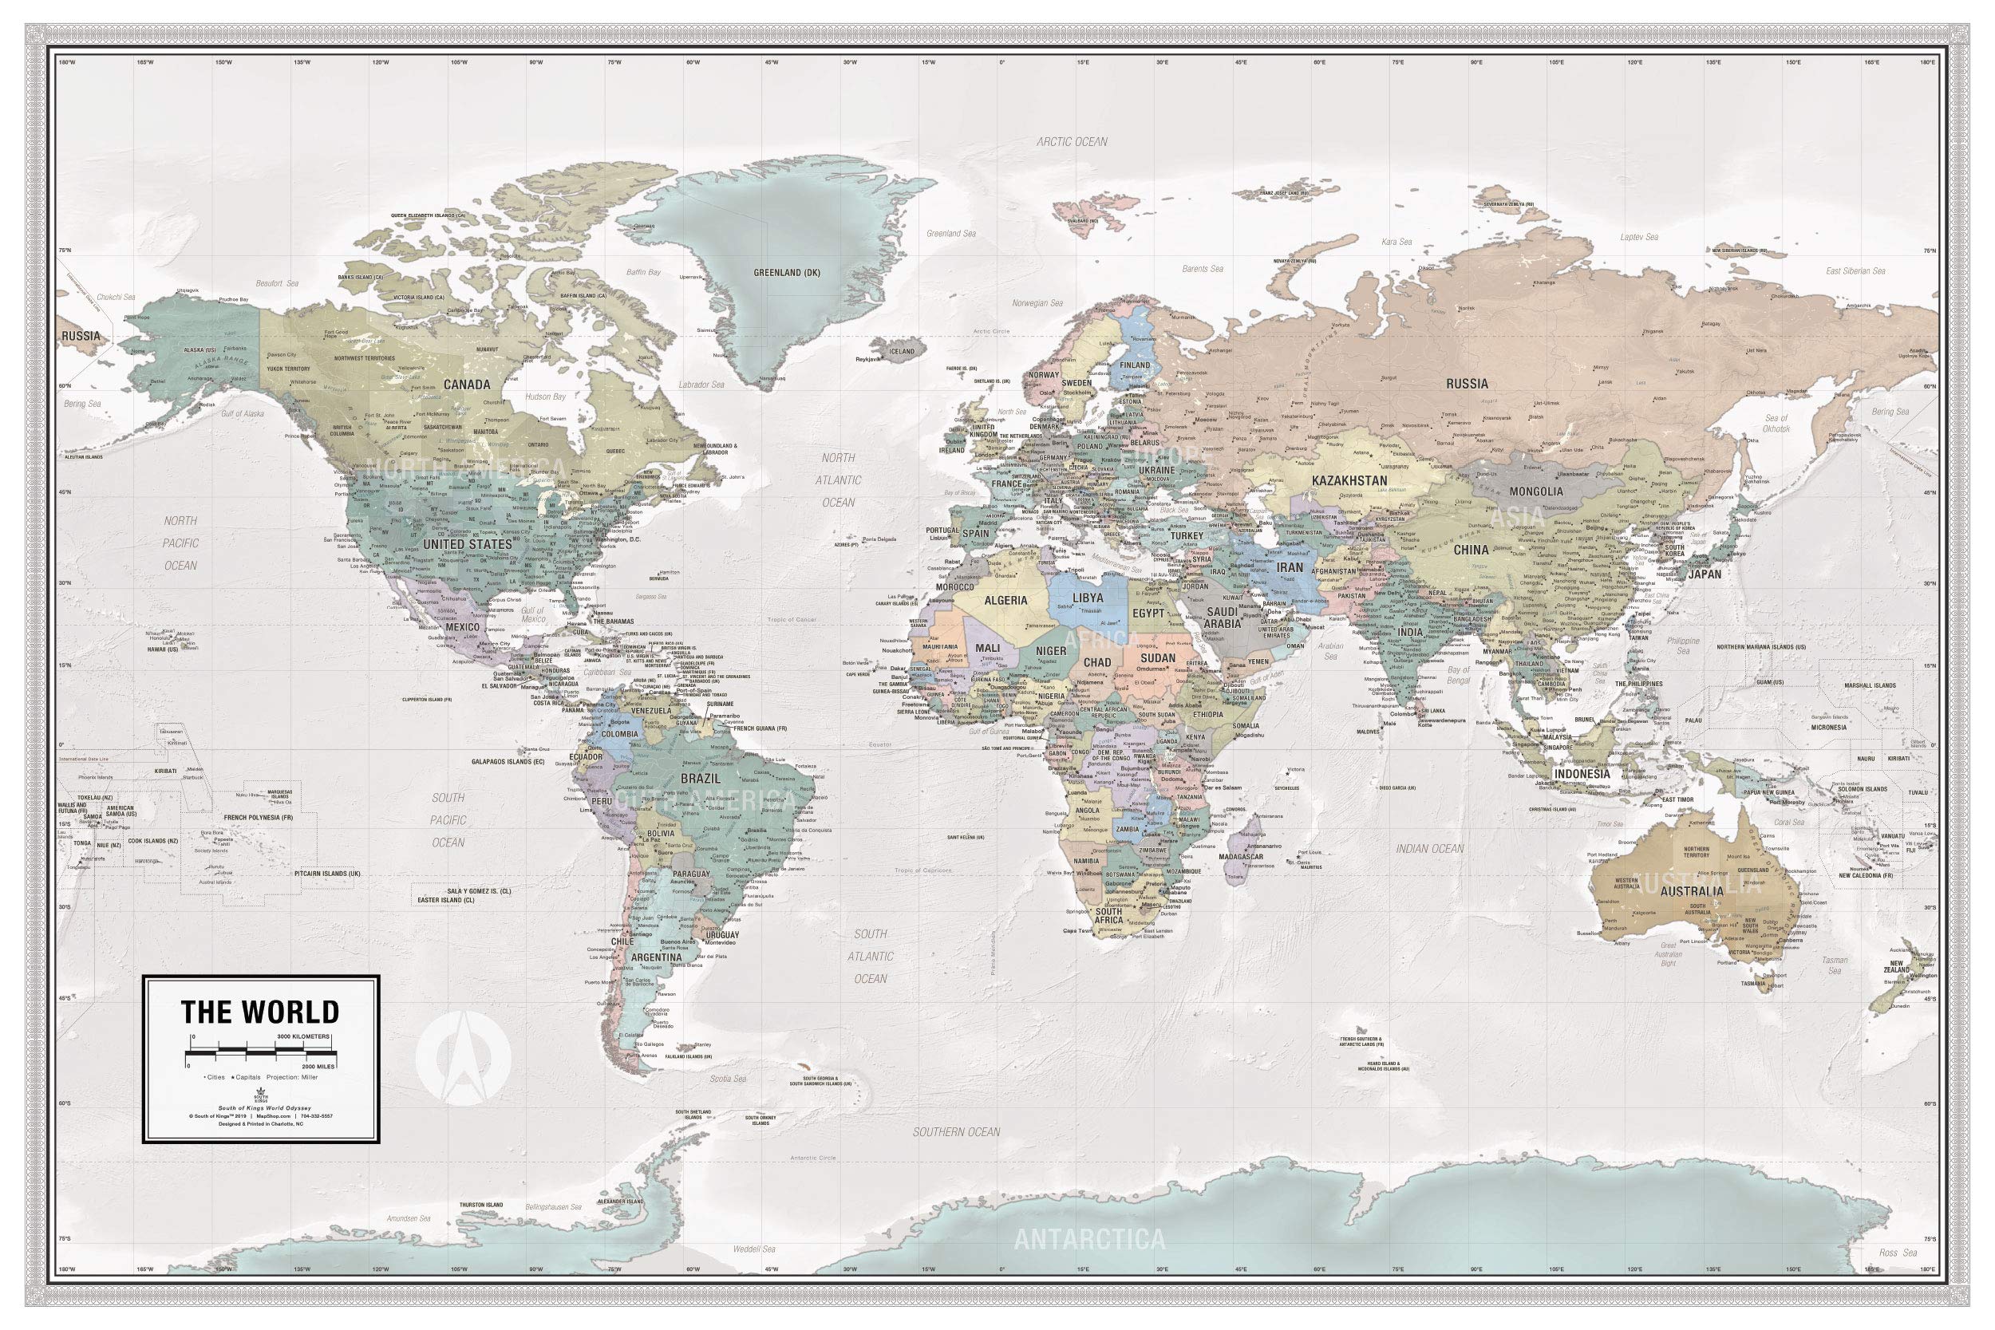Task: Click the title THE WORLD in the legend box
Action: point(259,1012)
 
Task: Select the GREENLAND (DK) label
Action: point(788,273)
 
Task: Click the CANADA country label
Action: point(468,385)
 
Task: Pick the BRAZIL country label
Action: point(701,778)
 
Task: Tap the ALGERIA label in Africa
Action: point(1005,601)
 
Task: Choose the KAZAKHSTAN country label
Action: point(1349,481)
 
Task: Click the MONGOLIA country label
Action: point(1536,491)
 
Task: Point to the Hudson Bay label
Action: point(545,396)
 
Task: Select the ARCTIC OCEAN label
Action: point(1073,142)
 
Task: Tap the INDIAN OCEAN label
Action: point(1430,848)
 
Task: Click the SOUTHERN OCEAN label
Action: point(956,1131)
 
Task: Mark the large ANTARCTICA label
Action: point(1089,1239)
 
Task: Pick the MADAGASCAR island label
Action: point(1264,857)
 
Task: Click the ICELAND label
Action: point(902,351)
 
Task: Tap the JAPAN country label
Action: point(1705,574)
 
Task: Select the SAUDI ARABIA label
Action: point(1223,617)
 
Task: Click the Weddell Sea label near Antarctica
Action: point(754,1273)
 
